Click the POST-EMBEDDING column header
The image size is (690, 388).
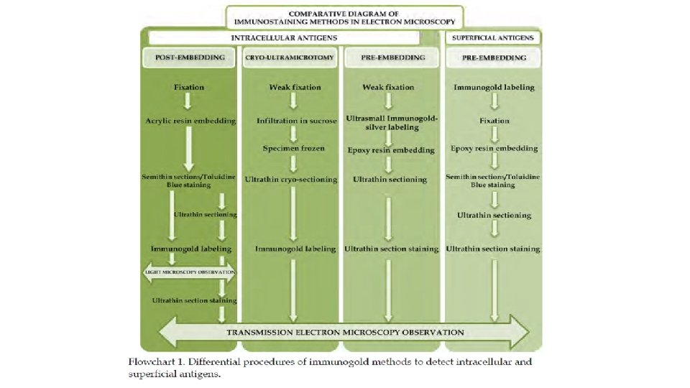[190, 58]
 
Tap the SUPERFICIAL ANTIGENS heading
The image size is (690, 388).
[494, 37]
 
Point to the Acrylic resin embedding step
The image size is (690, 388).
[189, 121]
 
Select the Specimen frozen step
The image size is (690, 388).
[293, 149]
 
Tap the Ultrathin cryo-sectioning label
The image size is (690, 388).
[291, 179]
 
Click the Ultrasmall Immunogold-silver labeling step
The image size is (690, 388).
[392, 121]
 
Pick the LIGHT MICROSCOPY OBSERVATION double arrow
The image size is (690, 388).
[189, 273]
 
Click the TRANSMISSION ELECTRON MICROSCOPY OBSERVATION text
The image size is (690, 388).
[346, 333]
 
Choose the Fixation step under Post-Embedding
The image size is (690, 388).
[189, 88]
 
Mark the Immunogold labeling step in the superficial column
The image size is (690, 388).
[494, 88]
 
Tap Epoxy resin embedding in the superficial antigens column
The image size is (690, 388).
[494, 149]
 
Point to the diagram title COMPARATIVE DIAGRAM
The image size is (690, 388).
[345, 14]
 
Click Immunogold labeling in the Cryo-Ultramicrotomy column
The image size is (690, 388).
[295, 249]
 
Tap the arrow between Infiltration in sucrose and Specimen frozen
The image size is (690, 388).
[293, 135]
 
